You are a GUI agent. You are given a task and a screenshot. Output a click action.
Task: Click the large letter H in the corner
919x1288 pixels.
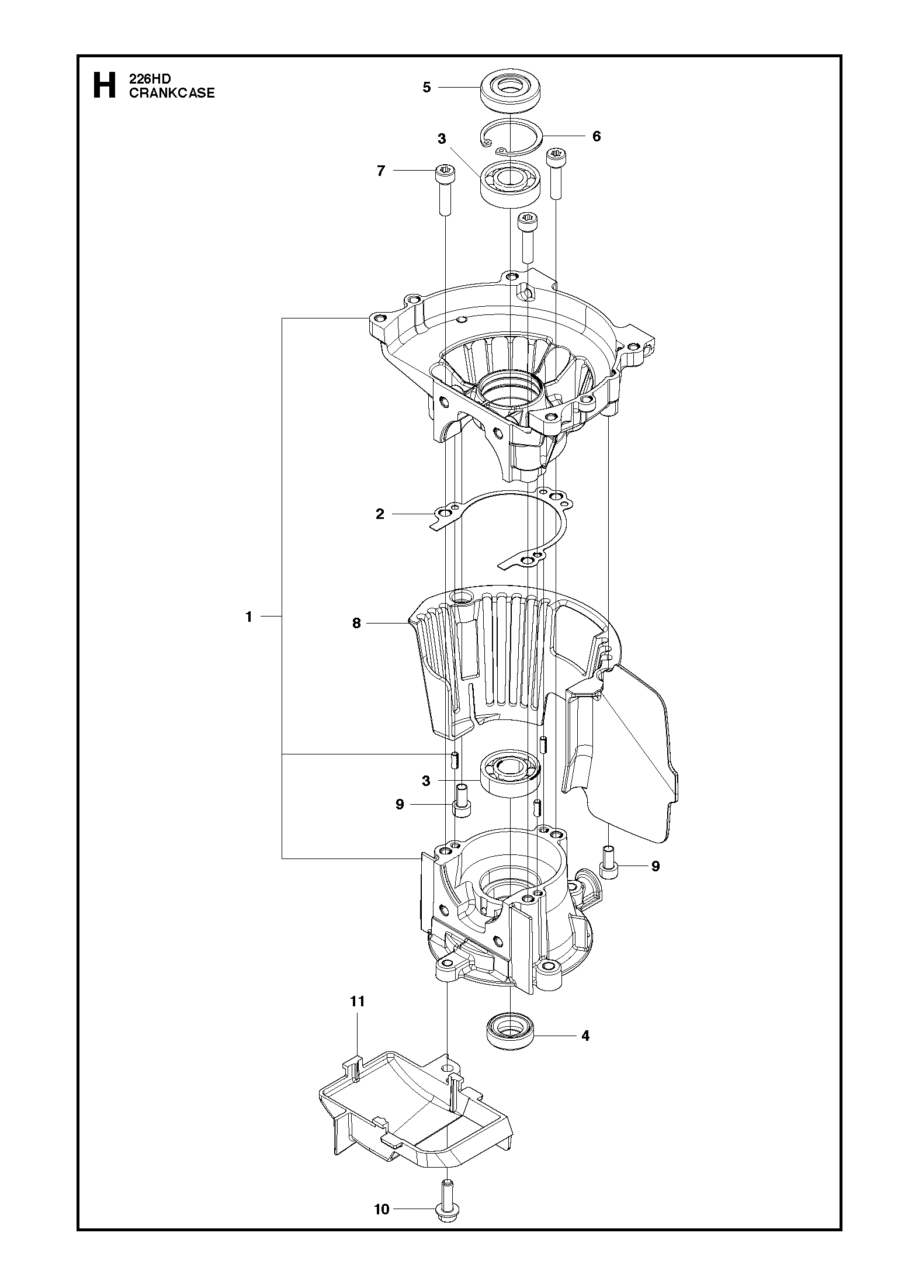click(104, 85)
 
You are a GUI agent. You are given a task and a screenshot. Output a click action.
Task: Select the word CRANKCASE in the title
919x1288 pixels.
click(172, 93)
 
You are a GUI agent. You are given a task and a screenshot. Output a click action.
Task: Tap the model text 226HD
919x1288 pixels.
click(150, 79)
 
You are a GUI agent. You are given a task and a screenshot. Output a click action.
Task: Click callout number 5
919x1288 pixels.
click(426, 88)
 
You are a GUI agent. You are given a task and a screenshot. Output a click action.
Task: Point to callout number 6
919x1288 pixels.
click(596, 136)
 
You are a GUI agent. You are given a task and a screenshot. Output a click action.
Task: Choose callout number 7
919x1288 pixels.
click(381, 171)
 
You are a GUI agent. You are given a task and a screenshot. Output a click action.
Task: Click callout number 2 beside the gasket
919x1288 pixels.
click(380, 514)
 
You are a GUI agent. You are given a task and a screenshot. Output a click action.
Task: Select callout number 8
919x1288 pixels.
click(356, 624)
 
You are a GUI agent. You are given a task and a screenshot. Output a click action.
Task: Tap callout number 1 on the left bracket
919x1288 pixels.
click(249, 617)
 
